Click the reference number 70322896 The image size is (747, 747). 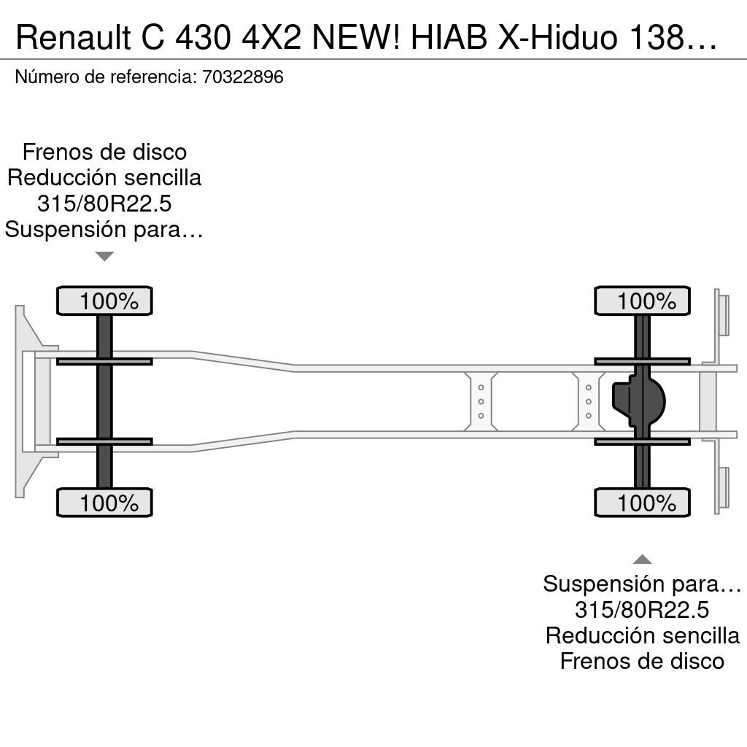tap(243, 77)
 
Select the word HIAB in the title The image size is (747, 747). tap(449, 37)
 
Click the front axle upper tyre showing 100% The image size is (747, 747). tap(104, 301)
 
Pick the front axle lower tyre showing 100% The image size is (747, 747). tap(104, 503)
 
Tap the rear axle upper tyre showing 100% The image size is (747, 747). tap(642, 301)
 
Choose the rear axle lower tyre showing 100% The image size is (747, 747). tap(642, 503)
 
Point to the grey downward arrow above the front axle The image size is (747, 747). tap(104, 256)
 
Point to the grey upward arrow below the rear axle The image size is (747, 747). tap(642, 559)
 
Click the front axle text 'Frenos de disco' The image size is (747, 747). tap(104, 152)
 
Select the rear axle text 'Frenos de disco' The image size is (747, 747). tap(642, 661)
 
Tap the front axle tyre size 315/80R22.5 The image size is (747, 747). tap(104, 204)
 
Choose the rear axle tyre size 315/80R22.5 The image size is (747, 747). tap(642, 610)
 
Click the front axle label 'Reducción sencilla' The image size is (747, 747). tap(104, 178)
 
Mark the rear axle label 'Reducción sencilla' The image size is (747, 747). tap(642, 635)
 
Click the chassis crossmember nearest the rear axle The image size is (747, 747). tap(589, 402)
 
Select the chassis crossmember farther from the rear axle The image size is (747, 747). tap(481, 402)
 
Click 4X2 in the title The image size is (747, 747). tap(271, 37)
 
